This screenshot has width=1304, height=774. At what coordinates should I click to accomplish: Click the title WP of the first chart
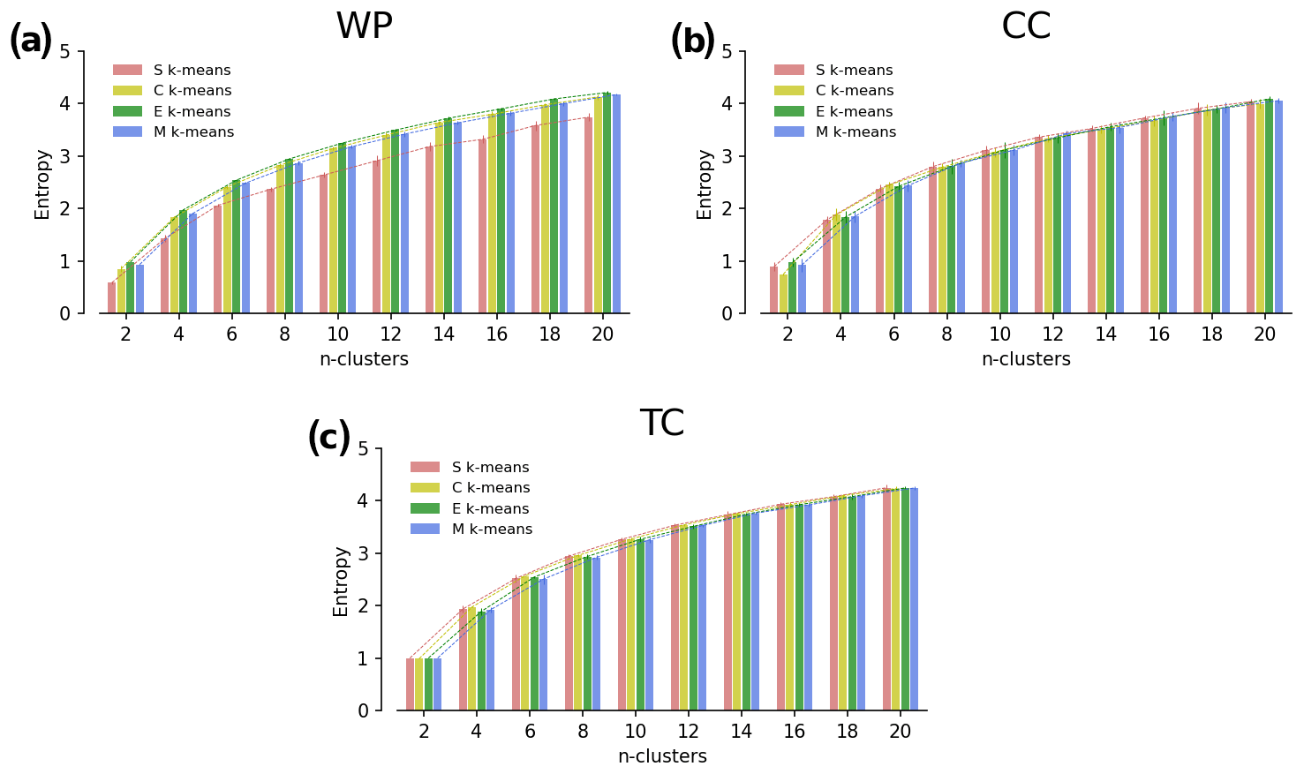[x=364, y=27]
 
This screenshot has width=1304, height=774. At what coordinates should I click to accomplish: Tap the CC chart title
[x=1026, y=27]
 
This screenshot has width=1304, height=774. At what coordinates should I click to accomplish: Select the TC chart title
[x=662, y=425]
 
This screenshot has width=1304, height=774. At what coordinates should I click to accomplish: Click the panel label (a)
[x=31, y=41]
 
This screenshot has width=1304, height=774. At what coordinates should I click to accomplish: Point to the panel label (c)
[x=328, y=439]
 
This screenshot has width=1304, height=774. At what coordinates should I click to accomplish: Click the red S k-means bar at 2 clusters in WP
[x=112, y=298]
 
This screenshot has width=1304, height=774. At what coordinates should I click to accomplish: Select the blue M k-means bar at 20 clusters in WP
[x=616, y=205]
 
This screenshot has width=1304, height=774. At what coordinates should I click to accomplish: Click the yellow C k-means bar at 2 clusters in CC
[x=783, y=294]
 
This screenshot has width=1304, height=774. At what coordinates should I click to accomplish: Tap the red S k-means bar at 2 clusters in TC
[x=410, y=685]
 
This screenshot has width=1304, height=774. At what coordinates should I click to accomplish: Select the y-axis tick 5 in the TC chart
[x=363, y=448]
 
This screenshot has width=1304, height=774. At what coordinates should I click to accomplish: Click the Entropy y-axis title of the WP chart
[x=42, y=184]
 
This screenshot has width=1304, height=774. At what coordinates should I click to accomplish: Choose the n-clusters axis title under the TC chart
[x=662, y=757]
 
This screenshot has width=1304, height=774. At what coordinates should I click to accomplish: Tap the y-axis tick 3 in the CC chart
[x=727, y=156]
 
